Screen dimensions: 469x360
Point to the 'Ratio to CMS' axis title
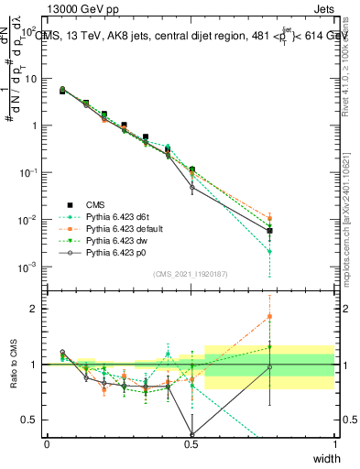16,364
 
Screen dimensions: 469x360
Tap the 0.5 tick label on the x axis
191,443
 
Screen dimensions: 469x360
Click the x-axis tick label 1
335,443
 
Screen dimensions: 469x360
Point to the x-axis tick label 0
48,443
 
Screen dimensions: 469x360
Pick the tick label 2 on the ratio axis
38,309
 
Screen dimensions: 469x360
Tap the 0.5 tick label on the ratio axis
34,420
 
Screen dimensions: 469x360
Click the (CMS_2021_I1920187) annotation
191,274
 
